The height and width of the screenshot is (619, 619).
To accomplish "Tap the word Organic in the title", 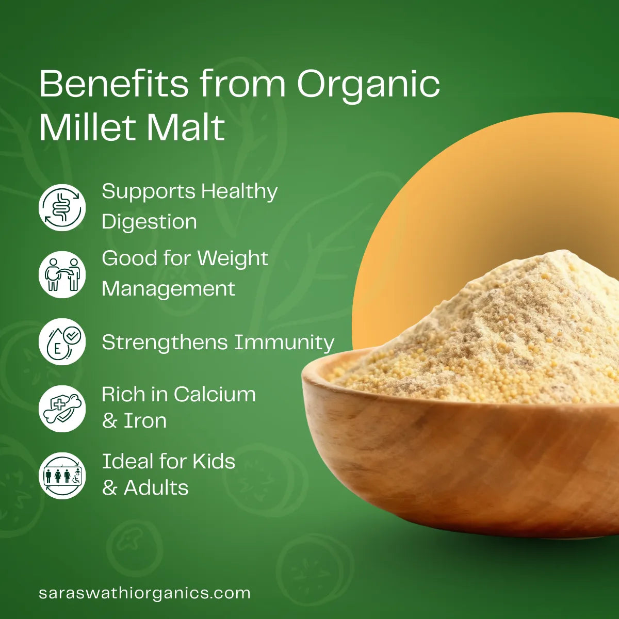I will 368,85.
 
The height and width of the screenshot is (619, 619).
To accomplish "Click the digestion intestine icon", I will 62,207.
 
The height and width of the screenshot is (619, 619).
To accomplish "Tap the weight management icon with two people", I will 62,274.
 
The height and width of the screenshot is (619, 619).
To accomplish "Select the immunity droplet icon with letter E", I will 62,341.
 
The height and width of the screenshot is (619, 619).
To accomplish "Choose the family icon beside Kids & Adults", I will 62,476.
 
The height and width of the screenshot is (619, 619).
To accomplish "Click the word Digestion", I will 149,222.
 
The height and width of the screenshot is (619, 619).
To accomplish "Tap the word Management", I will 168,288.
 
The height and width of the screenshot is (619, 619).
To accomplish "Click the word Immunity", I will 284,343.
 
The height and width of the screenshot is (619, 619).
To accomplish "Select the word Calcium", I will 215,395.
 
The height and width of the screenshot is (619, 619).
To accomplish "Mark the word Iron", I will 145,421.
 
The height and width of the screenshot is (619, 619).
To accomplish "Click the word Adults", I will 156,488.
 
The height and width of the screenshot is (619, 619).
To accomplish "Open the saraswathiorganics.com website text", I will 144,593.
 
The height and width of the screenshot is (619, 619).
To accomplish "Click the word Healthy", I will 239,192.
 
